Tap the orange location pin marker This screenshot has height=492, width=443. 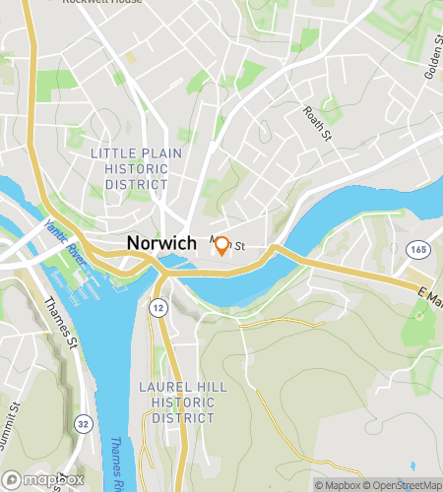(222, 246)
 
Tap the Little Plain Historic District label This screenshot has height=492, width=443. (129, 167)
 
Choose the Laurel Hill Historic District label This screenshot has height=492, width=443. (177, 401)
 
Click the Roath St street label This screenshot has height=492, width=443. (317, 125)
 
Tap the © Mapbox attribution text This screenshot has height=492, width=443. (337, 485)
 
